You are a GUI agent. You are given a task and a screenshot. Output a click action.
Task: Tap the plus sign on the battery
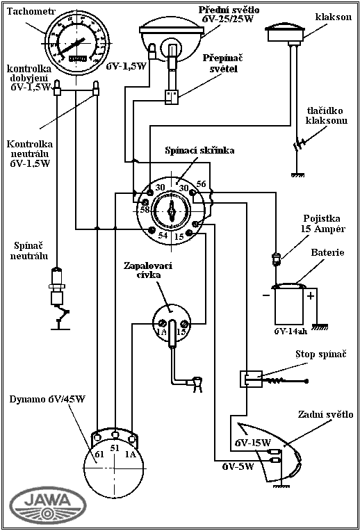[x=310, y=296]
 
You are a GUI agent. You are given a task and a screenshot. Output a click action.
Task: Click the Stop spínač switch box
[x=251, y=379]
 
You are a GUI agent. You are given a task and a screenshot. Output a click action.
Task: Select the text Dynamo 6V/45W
[x=47, y=398]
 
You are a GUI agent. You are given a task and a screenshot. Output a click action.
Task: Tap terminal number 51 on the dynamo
[x=115, y=448]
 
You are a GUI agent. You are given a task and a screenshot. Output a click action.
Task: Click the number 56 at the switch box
[x=201, y=185]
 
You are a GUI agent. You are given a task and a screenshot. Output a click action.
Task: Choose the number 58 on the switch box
[x=145, y=210]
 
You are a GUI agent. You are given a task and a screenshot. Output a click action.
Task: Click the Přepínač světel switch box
[x=171, y=97]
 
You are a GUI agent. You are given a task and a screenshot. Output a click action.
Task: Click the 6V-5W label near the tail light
[x=238, y=466]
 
